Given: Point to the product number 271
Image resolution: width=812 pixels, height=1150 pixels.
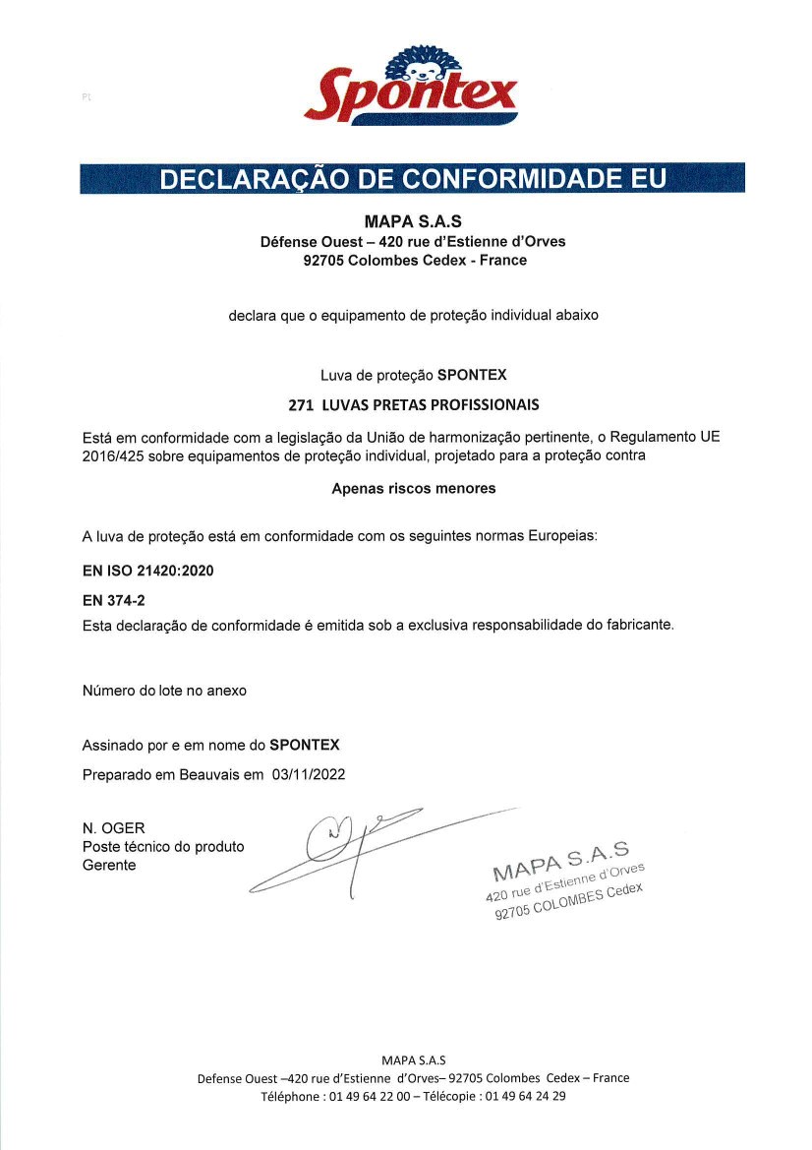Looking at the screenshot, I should tap(300, 404).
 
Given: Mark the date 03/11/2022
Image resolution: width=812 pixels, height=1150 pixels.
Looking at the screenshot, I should tap(310, 774).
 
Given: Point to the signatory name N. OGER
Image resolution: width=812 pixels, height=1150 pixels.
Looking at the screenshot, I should tap(114, 828).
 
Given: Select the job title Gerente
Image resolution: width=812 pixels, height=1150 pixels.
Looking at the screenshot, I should tap(109, 866).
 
